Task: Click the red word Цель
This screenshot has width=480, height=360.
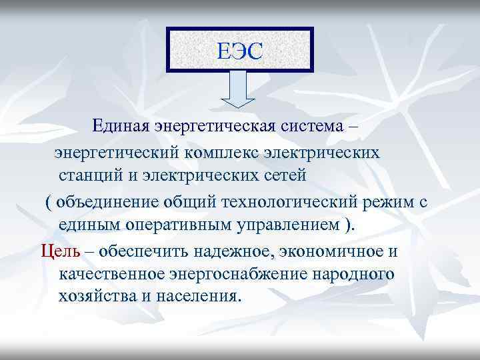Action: coord(61,251)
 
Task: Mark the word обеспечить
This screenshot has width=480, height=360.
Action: coord(145,251)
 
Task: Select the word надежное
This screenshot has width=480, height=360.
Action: coord(235,251)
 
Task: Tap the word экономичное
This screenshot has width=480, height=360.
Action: coord(331,251)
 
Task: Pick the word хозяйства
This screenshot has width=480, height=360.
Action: coord(97,296)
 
